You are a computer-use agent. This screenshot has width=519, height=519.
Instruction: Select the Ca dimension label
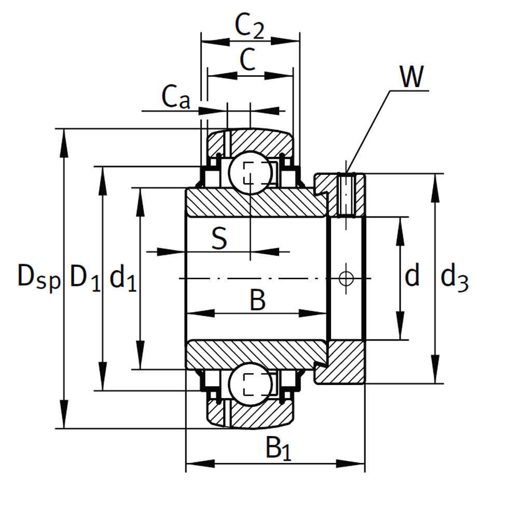(x=176, y=97)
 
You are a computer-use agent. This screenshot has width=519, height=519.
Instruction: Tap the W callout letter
(x=412, y=76)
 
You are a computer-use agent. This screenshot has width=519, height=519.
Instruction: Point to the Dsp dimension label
(x=39, y=277)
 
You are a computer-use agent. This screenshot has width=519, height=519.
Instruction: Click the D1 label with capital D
(x=85, y=277)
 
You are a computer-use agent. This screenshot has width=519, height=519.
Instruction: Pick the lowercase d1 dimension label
(x=123, y=279)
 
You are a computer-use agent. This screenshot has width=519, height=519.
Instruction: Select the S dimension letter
(x=220, y=238)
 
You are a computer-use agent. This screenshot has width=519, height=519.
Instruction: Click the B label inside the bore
(x=257, y=300)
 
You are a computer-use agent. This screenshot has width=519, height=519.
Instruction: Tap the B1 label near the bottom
(x=278, y=448)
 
